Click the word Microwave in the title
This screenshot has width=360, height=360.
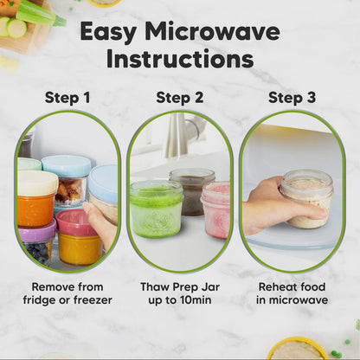coord(212,31)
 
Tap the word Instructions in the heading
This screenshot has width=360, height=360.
coord(180,59)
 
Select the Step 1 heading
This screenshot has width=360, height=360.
coord(67,98)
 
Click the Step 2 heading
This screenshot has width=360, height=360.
coord(180,98)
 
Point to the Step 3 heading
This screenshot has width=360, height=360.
coord(292,98)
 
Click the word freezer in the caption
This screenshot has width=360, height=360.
coord(93,300)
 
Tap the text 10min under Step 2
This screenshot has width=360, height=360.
coord(196,300)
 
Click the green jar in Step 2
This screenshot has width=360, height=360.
coord(157,209)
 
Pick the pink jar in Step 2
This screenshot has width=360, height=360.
coord(215,210)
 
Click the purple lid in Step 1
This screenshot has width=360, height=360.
coord(37,231)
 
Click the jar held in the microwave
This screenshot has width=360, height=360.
coord(307,199)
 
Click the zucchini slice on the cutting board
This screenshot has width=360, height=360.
coord(16,29)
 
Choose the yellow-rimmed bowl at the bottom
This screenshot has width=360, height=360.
coord(297,349)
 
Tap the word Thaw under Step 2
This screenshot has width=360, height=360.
coord(155,287)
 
